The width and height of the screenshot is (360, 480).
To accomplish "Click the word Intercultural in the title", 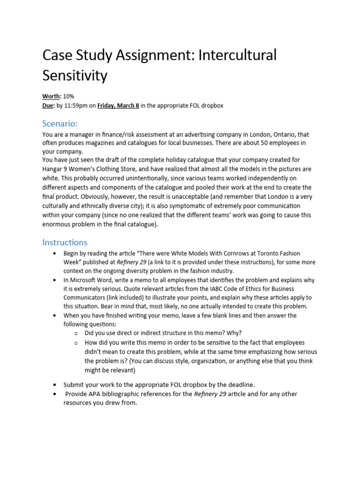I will pyautogui.click(x=238, y=55).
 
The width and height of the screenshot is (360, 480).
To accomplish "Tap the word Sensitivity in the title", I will pyautogui.click(x=75, y=75).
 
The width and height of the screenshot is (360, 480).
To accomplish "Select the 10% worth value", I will pyautogui.click(x=68, y=97).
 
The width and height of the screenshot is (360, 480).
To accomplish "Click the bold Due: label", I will pyautogui.click(x=49, y=105).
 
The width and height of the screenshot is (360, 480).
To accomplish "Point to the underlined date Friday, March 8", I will pyautogui.click(x=118, y=105).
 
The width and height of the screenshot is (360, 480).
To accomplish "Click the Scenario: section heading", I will pyautogui.click(x=60, y=124).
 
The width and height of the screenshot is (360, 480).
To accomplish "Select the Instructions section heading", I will pyautogui.click(x=65, y=242).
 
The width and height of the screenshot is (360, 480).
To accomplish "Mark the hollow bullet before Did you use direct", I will pyautogui.click(x=75, y=333).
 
